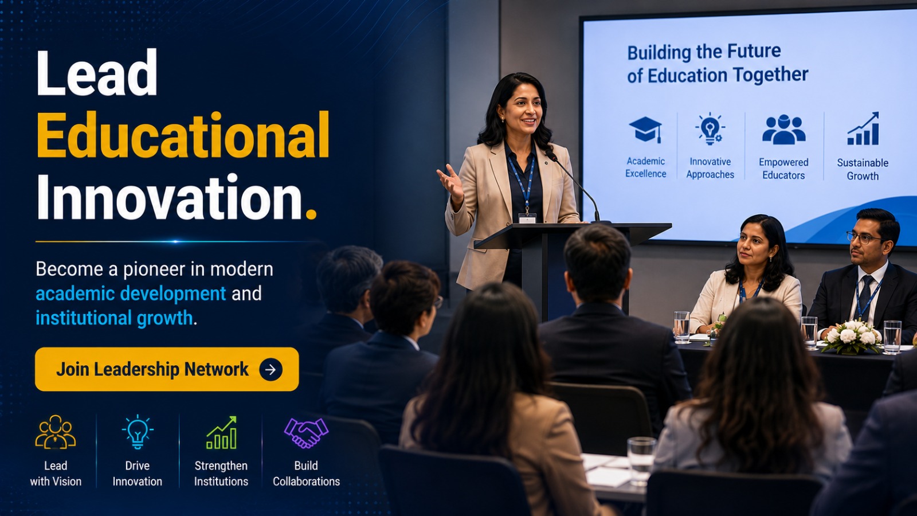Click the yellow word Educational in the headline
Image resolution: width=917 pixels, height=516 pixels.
183,135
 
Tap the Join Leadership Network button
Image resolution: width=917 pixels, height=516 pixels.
167,369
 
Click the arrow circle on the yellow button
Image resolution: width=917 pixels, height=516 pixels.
271,369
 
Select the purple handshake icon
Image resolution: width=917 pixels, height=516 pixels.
306,432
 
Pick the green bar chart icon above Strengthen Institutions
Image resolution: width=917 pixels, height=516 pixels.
221,433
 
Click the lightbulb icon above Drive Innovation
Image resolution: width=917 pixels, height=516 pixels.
138,432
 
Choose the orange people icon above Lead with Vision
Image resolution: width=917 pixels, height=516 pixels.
55,432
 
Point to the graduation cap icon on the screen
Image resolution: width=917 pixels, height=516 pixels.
645,130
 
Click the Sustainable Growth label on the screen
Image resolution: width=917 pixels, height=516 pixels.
863,169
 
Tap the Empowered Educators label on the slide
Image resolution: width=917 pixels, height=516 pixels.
783,169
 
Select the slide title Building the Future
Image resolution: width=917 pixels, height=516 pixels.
704,52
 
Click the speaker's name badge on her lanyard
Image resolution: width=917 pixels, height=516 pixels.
527,218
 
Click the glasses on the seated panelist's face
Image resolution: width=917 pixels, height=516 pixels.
864,237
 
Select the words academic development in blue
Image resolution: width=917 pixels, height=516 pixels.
131,294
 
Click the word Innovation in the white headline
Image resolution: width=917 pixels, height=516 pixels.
170,197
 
